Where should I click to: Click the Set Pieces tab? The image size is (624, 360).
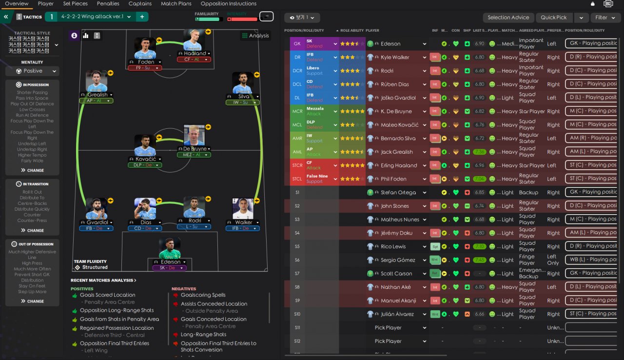tap(76, 3)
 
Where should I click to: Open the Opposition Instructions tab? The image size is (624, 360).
tap(228, 3)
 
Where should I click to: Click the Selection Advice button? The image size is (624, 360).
tap(508, 18)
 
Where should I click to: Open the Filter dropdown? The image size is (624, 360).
tap(605, 18)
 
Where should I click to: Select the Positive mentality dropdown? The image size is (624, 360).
tap(32, 71)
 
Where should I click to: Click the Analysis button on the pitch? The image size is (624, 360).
tap(254, 36)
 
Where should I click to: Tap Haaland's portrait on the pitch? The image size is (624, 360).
tap(194, 40)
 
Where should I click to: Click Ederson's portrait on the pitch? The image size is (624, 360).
tap(170, 248)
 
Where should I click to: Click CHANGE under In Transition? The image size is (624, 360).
tap(32, 230)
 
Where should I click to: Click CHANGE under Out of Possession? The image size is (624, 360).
tap(32, 301)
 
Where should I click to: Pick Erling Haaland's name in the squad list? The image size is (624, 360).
tap(399, 165)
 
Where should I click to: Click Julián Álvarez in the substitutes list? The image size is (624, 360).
tap(397, 314)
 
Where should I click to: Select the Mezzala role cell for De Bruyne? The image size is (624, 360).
tap(321, 111)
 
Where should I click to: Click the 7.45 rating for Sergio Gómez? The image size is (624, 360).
tap(479, 260)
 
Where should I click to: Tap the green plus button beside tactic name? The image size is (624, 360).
tap(142, 17)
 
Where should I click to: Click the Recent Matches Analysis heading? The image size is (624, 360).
tap(103, 280)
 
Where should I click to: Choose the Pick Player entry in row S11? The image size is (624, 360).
tap(388, 328)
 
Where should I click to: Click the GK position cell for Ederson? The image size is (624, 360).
tap(297, 44)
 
